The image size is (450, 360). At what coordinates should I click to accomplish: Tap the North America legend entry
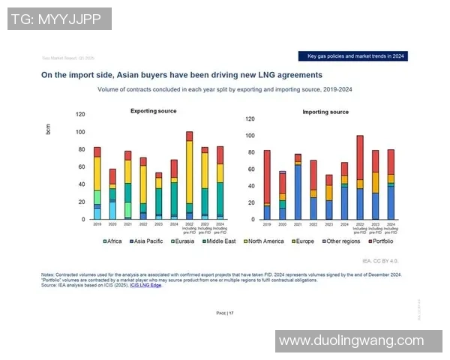263,241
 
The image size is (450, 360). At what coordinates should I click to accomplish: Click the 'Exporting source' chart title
154,111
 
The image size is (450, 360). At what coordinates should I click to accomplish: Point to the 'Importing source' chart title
325,112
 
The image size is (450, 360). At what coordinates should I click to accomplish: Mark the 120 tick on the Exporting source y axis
81,114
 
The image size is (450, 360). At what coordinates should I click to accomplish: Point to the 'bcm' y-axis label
48,129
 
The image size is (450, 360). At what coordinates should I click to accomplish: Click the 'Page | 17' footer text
225,312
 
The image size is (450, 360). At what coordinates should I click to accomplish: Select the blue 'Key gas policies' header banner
357,56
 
